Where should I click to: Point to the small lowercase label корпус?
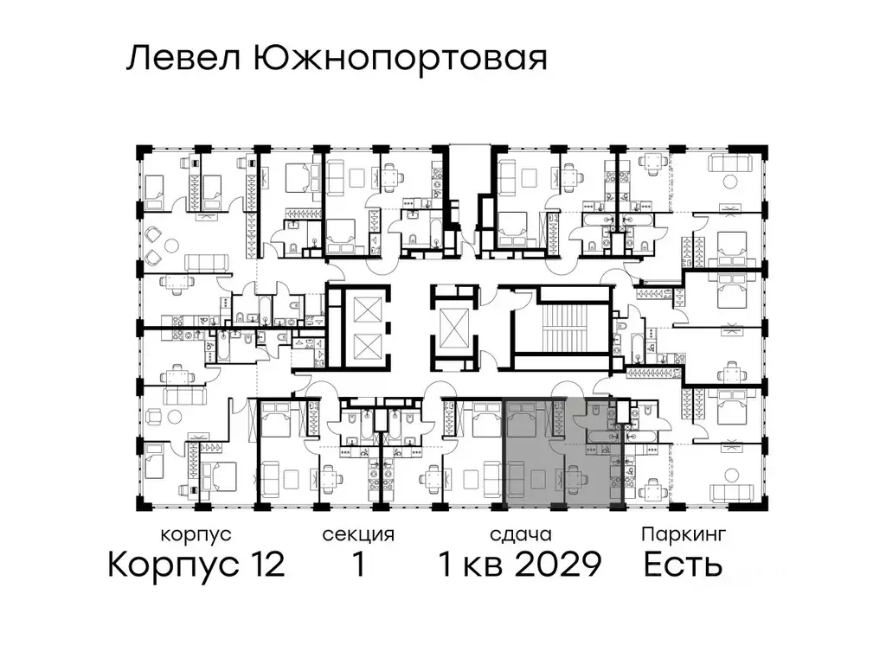coord(196,535)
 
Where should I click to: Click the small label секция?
coord(358,535)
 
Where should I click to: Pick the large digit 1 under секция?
coord(357,565)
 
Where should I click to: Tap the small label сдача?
coord(519,535)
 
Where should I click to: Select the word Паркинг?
coord(683,535)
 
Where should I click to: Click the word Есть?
coord(684,565)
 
